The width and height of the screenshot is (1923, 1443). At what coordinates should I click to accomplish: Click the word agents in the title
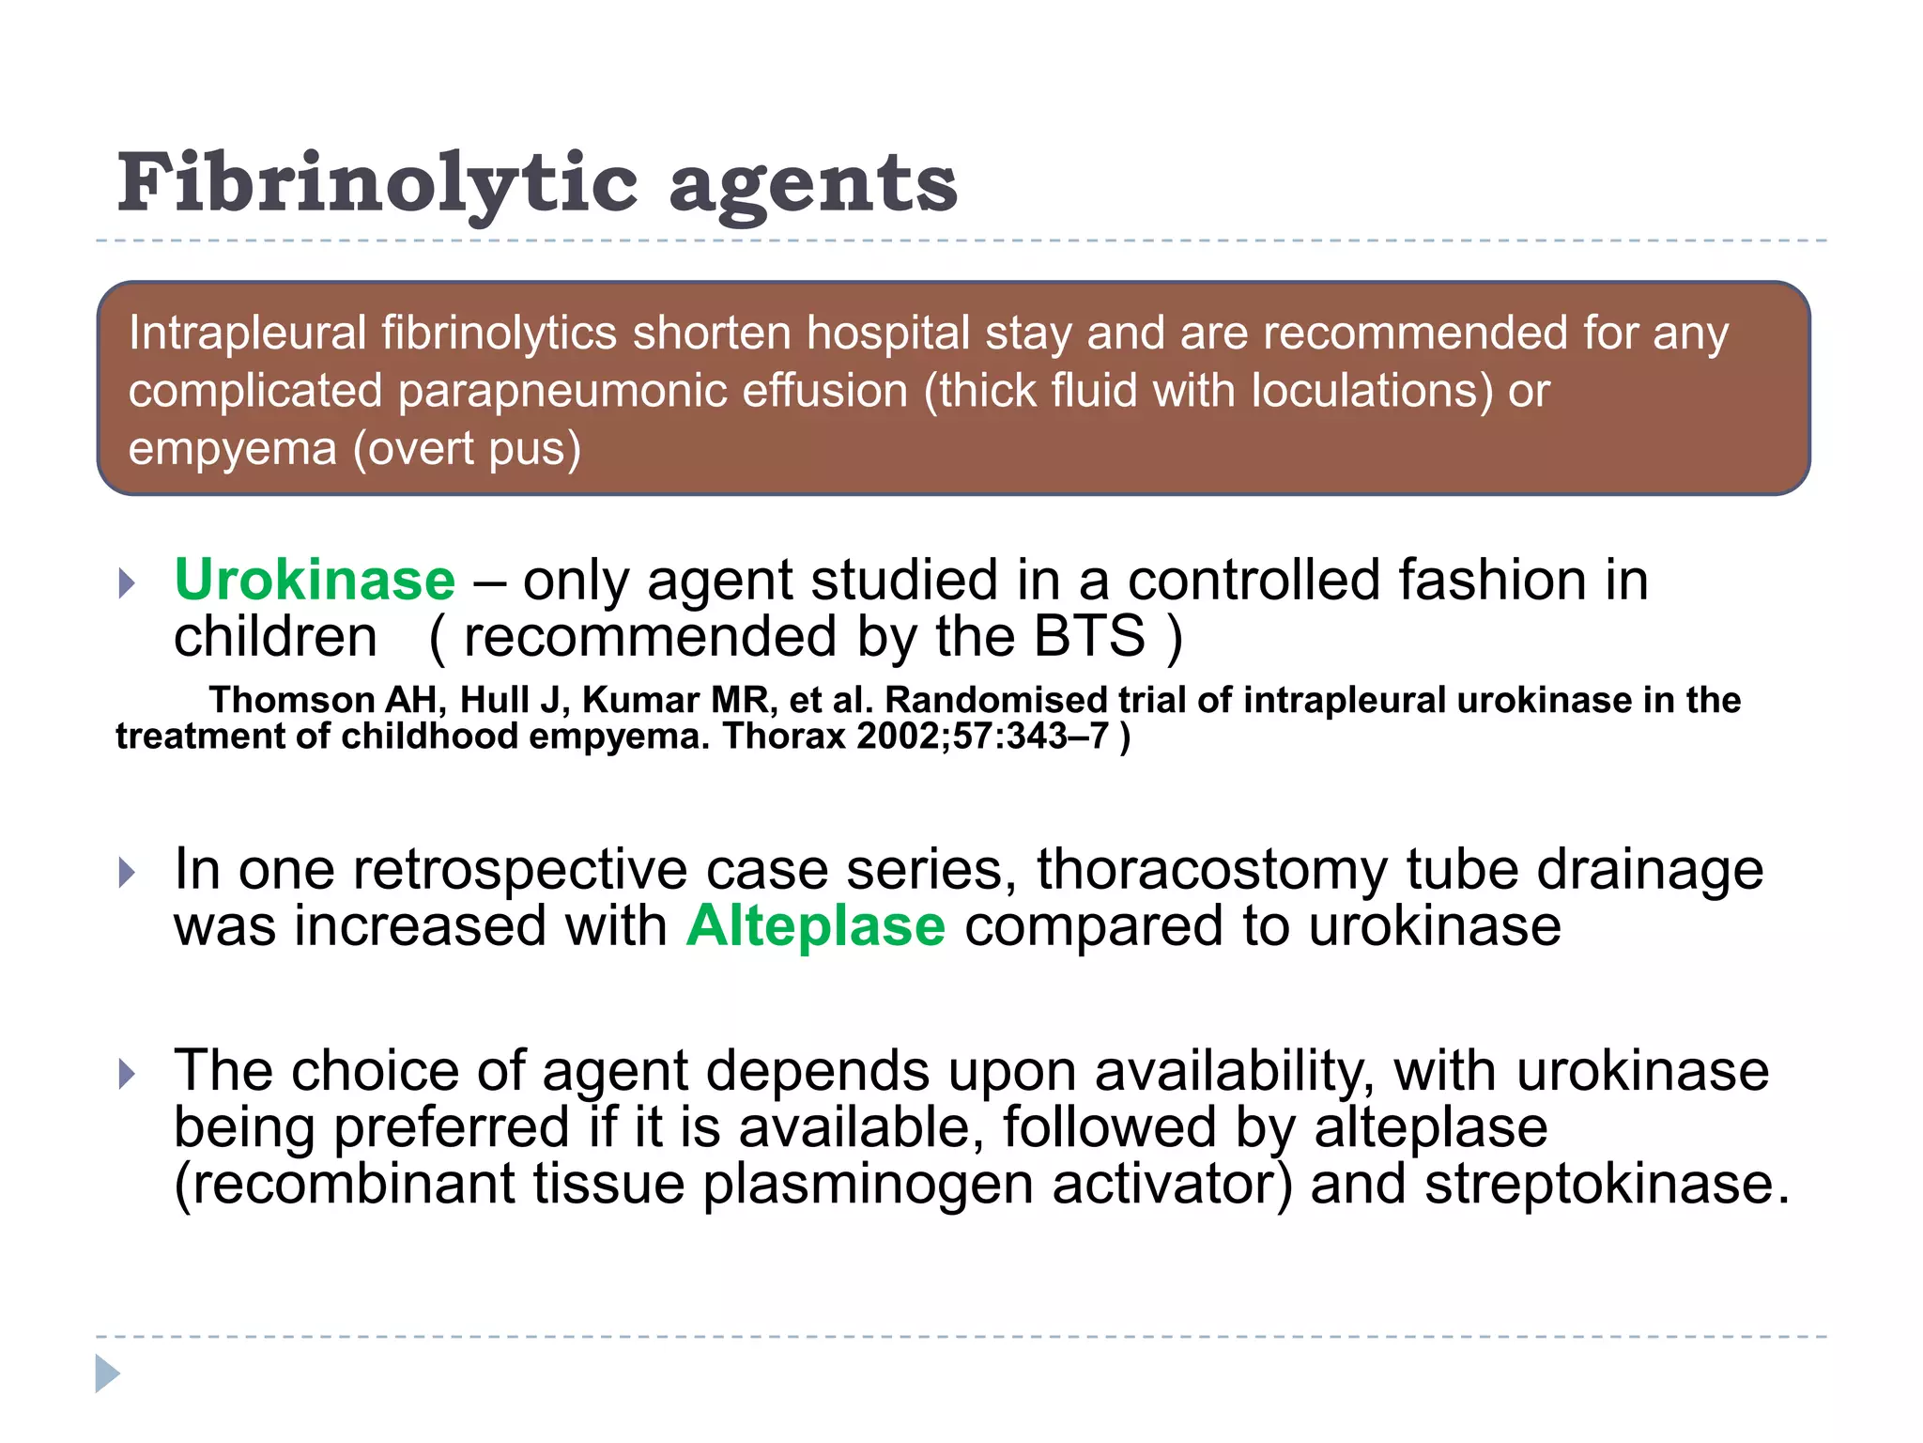coord(813,185)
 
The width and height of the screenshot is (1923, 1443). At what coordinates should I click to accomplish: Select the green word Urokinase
coord(315,580)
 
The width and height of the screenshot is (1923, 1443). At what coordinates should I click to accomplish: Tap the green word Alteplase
coord(815,926)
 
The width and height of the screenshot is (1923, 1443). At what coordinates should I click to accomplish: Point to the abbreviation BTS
coord(1089,637)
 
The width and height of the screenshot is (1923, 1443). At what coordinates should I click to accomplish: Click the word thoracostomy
coord(1211,869)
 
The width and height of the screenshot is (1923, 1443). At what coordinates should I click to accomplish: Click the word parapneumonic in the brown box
coord(562,391)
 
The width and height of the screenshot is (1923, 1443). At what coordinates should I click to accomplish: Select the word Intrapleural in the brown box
coord(247,333)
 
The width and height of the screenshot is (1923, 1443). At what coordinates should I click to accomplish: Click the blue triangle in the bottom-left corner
coord(108,1373)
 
